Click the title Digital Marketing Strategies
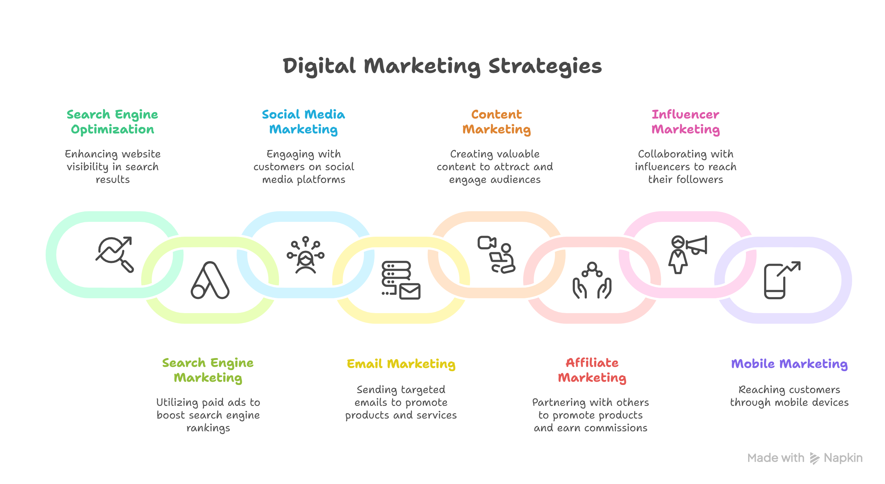(442, 66)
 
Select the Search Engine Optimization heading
(112, 122)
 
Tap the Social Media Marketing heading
(303, 122)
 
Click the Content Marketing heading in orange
(496, 122)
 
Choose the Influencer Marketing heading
(686, 122)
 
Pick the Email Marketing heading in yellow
(401, 364)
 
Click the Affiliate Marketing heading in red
(592, 370)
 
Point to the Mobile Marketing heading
(789, 364)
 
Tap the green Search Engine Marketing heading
(208, 370)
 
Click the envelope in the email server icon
(410, 292)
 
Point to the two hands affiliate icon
(592, 281)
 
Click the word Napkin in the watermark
(843, 458)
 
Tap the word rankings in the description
(208, 428)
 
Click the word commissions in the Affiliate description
(615, 428)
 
